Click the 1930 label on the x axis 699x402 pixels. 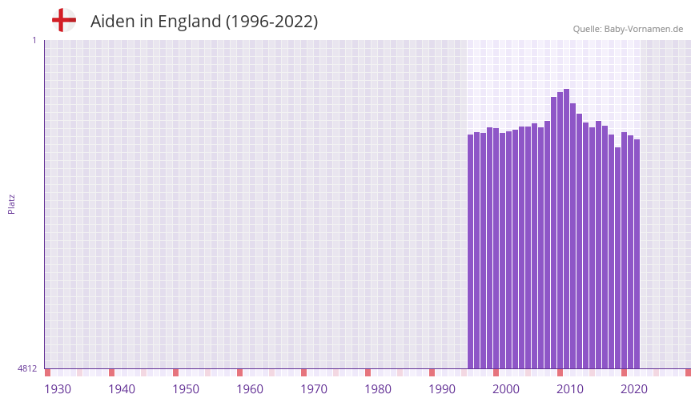pyautogui.click(x=58, y=389)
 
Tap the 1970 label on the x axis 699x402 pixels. pyautogui.click(x=314, y=389)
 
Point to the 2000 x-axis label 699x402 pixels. pyautogui.click(x=506, y=389)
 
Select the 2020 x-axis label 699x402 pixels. pyautogui.click(x=634, y=389)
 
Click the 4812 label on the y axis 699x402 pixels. pyautogui.click(x=27, y=369)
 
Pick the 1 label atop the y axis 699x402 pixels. pyautogui.click(x=34, y=40)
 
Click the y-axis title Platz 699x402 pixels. pyautogui.click(x=11, y=203)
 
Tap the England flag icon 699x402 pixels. pyautogui.click(x=64, y=20)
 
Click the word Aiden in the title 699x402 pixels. pyautogui.click(x=112, y=22)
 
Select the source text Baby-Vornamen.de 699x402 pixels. pyautogui.click(x=644, y=29)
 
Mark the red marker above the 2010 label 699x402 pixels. pyautogui.click(x=560, y=372)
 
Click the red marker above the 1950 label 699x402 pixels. pyautogui.click(x=176, y=372)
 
